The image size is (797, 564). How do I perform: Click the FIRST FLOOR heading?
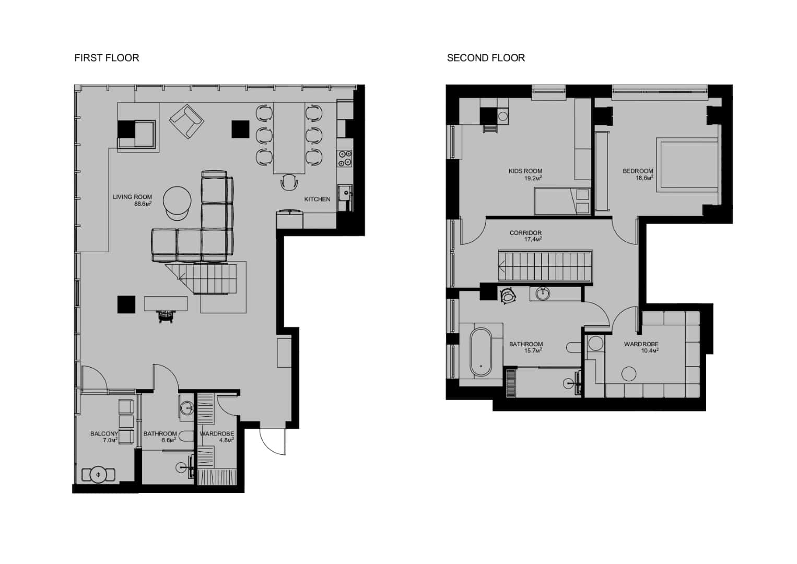coord(107,58)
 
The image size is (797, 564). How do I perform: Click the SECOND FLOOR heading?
coord(486,58)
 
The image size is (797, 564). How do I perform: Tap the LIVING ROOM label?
coord(132,197)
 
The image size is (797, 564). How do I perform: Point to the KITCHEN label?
coord(317,199)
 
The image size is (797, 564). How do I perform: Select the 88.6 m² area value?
coord(143,204)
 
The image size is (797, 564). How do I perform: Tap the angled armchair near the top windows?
coord(186,121)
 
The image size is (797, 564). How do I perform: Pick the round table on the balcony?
coord(98,475)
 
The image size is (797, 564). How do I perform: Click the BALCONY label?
coord(104,433)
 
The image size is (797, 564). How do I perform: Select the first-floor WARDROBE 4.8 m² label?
coord(217,437)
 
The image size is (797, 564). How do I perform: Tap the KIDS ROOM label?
coord(525,171)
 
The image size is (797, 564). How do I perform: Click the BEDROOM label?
coord(638,171)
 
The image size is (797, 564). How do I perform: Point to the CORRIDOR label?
coord(525,233)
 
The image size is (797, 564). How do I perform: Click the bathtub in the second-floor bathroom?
coord(481,351)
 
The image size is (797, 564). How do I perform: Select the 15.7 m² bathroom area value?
coord(533,350)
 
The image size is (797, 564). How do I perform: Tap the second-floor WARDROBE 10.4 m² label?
coord(641,347)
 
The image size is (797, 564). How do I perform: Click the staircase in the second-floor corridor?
coord(546,266)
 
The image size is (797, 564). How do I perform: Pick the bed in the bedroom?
coord(688,164)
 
